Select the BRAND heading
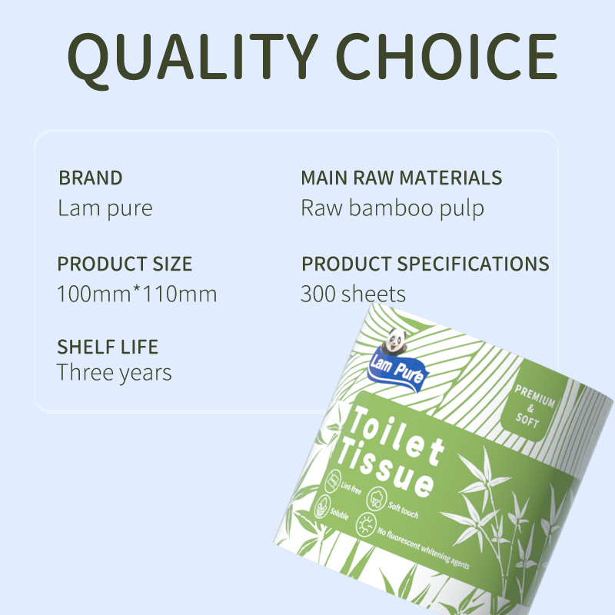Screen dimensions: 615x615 click(x=91, y=178)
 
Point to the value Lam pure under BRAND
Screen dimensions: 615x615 click(x=105, y=208)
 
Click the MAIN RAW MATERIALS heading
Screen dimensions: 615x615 click(x=401, y=178)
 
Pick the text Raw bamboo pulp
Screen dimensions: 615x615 click(x=392, y=208)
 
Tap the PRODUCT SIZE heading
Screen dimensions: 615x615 click(x=125, y=264)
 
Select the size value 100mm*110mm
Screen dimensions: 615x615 click(x=137, y=294)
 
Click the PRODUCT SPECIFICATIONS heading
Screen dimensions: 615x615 click(x=425, y=264)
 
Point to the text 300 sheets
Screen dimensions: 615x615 click(x=353, y=294)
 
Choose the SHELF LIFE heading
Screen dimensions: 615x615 click(x=108, y=346)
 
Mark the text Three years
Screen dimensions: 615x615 click(x=115, y=374)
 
